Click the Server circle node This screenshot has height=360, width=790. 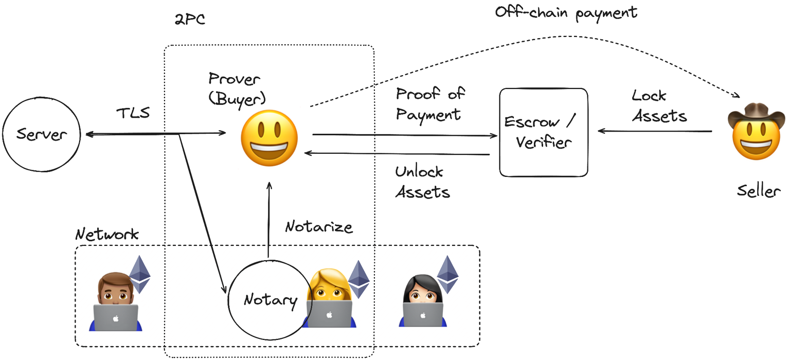[x=42, y=135]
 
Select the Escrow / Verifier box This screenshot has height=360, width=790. [x=544, y=132]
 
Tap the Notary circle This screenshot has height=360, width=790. [x=270, y=299]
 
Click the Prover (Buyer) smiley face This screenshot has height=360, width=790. [x=270, y=137]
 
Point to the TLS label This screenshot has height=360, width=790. [x=133, y=113]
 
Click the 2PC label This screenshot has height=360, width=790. [x=190, y=20]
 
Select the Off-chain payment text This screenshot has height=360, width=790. [x=566, y=12]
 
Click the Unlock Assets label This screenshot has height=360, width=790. [x=422, y=182]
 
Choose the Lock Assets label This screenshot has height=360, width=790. [x=658, y=106]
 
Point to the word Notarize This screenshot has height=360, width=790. [x=319, y=226]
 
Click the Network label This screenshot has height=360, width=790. [x=107, y=235]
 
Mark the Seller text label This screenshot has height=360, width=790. [x=758, y=191]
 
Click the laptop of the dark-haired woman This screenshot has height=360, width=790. [x=423, y=314]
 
